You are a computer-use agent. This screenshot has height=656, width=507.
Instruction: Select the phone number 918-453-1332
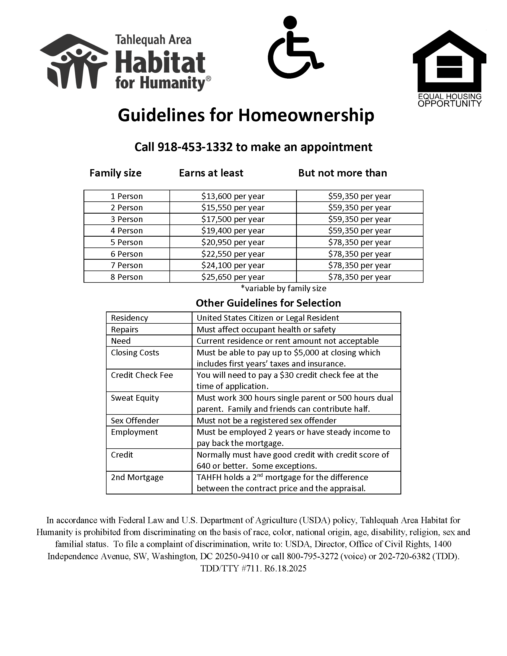195,147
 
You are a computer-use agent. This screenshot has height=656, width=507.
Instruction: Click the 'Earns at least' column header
211,173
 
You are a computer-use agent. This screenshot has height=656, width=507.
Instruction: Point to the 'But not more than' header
342,173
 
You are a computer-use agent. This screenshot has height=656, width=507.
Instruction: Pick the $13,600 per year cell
233,196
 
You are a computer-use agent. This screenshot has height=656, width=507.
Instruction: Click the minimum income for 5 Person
233,242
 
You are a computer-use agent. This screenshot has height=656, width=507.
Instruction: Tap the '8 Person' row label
126,277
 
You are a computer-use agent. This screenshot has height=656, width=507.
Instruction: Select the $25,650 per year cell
233,277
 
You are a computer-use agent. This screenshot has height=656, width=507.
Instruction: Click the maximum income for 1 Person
360,196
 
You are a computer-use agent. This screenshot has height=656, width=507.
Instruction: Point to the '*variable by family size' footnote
283,288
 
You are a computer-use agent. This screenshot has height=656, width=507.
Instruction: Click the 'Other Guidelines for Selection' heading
268,303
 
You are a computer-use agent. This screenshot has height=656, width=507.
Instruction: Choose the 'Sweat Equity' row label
134,398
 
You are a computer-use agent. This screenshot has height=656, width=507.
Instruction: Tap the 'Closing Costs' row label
135,353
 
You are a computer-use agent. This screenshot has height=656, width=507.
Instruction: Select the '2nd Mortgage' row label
137,477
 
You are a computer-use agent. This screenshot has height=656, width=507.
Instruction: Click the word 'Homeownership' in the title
306,115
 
